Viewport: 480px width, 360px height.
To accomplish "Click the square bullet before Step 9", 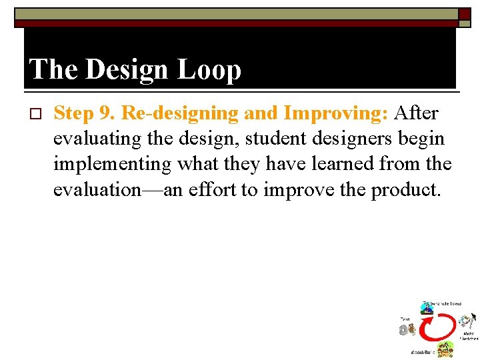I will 36,114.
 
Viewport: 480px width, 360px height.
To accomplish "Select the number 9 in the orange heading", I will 107,113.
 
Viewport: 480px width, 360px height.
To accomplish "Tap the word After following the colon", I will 416,113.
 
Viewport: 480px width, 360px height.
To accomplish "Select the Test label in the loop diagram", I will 405,319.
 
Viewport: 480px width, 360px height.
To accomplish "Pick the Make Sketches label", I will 469,336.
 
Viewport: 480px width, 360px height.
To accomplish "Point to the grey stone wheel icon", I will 404,330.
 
